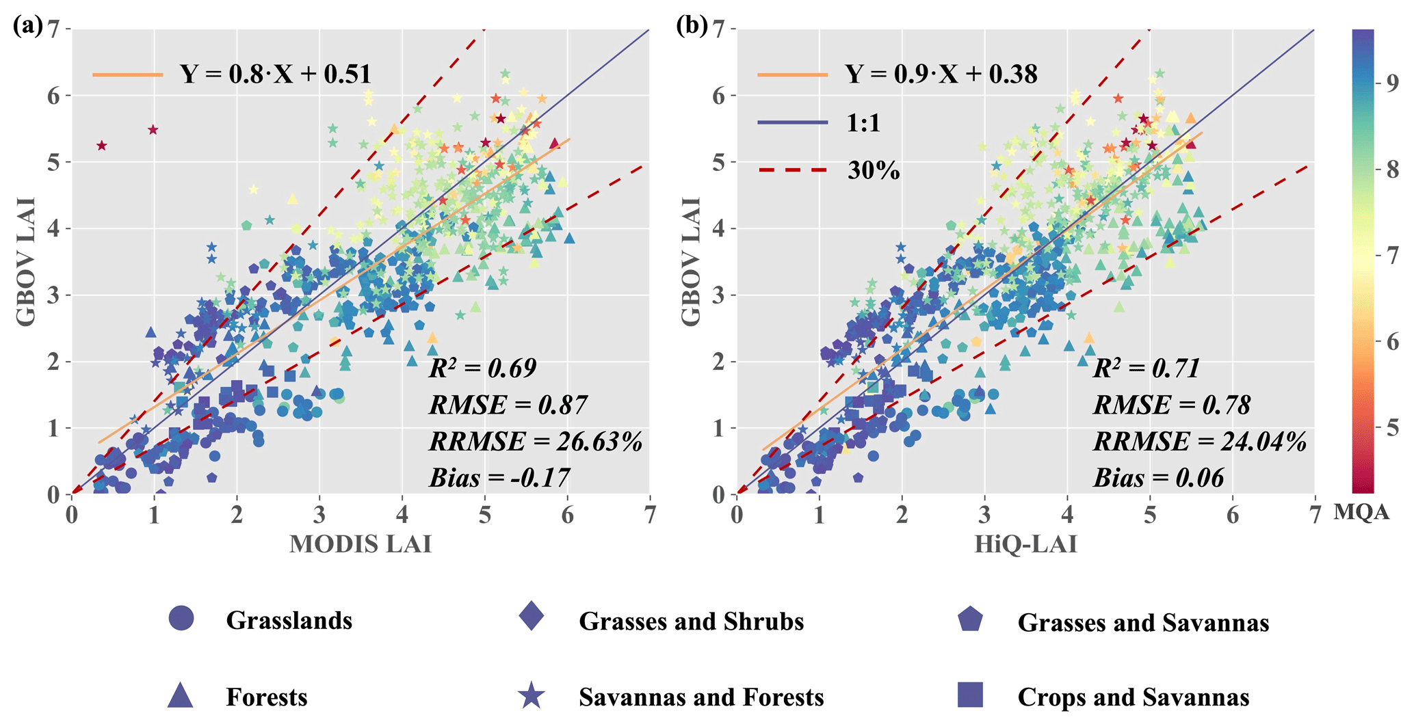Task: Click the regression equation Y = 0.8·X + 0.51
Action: [275, 74]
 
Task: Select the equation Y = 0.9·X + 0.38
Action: [941, 74]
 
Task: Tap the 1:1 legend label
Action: [863, 123]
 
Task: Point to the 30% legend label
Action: [874, 170]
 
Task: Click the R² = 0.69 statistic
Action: [482, 368]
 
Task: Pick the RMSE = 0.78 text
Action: [1172, 405]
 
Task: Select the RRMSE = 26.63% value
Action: [536, 442]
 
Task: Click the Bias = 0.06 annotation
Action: [1159, 478]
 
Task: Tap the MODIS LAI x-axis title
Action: [361, 544]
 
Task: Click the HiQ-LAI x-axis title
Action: [1025, 544]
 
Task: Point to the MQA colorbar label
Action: [1361, 512]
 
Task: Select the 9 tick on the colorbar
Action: [1391, 83]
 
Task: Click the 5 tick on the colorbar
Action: [1391, 429]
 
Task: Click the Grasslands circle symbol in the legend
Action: [181, 618]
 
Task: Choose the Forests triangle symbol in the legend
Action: [181, 696]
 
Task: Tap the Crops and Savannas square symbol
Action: [970, 695]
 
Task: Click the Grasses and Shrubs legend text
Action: [691, 621]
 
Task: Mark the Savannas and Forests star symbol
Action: [532, 696]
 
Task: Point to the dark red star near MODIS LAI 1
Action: [153, 130]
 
